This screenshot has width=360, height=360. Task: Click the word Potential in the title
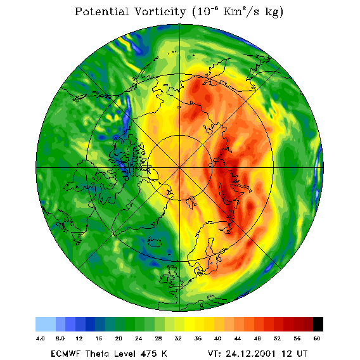coord(101,11)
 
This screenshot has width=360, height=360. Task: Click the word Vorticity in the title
coord(160,11)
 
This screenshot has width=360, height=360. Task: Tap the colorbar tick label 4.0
coord(41,338)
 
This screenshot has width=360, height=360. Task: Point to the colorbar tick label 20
coord(119,338)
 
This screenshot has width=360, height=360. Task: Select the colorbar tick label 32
coord(178,338)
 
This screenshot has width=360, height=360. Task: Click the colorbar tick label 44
coord(238,338)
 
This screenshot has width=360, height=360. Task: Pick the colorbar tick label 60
coord(317,338)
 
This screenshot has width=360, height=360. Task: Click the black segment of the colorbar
coord(318,324)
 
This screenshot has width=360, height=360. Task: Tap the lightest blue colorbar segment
coord(46,324)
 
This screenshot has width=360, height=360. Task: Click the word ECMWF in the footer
coord(66,353)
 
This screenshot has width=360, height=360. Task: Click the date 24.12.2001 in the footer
coord(251,353)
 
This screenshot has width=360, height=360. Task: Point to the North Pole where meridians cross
coord(180,168)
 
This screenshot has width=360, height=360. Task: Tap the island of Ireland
coord(165,278)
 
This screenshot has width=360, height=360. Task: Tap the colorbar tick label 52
coord(278,338)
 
